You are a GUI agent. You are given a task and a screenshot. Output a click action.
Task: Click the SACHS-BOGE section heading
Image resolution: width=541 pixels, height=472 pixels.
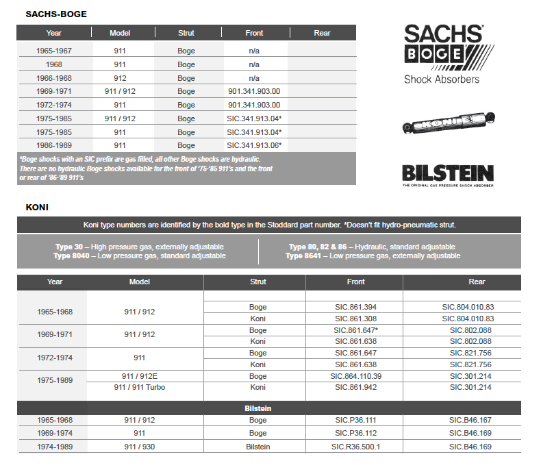point(56,14)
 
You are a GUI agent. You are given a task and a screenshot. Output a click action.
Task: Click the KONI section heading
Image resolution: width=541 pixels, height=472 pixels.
point(37,206)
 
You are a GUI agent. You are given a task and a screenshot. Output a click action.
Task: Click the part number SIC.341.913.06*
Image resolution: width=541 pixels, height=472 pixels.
point(254,145)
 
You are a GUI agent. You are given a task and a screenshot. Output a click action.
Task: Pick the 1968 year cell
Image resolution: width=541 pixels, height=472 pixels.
point(54,64)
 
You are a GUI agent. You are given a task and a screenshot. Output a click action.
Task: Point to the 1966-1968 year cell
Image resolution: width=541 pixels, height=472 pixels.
point(54,78)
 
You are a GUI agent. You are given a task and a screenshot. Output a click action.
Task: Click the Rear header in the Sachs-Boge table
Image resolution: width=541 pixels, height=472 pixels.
point(322,33)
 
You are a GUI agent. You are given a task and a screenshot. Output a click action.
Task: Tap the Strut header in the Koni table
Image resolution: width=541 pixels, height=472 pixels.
point(257,282)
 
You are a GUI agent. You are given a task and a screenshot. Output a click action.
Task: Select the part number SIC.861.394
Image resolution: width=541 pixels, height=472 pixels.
point(355,307)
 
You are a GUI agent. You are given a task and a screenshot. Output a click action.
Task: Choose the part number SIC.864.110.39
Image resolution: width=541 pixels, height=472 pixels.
point(355,376)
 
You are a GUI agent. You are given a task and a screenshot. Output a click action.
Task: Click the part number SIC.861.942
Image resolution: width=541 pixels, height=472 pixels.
point(355,387)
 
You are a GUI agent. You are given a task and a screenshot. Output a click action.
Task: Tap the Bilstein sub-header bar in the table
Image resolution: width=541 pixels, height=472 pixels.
point(257,408)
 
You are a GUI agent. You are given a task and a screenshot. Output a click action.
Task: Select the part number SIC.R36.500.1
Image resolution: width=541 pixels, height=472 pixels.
point(355,447)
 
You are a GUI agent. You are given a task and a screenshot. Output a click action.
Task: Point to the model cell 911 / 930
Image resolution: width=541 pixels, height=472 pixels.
point(140,447)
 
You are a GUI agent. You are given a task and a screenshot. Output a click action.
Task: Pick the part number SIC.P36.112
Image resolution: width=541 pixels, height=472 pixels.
point(355,433)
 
